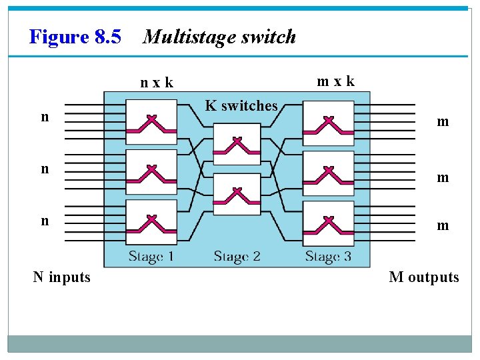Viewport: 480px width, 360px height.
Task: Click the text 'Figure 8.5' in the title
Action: [75, 37]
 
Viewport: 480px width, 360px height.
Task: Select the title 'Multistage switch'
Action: [219, 37]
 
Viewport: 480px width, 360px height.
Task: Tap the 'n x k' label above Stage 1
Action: [157, 83]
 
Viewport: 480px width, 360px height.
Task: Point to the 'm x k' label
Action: [335, 81]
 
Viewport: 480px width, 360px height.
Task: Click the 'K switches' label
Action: [241, 105]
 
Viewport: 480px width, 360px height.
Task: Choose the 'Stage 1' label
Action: [151, 256]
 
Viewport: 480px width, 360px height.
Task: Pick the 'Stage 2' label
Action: [237, 256]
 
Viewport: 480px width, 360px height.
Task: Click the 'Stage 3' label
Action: [328, 256]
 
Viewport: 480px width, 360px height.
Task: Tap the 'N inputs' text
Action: [62, 277]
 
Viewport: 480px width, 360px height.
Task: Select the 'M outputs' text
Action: [424, 277]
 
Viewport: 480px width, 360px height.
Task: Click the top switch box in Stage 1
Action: [151, 122]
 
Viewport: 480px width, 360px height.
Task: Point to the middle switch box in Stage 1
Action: [151, 172]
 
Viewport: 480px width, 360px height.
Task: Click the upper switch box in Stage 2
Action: [237, 144]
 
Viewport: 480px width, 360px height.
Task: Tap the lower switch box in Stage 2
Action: [237, 194]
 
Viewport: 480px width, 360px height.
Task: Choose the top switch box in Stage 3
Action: [328, 123]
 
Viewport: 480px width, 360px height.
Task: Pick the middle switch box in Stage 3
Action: [328, 172]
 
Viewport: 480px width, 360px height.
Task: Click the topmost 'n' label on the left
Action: [45, 117]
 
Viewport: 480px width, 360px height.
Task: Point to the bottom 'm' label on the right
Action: [443, 226]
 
